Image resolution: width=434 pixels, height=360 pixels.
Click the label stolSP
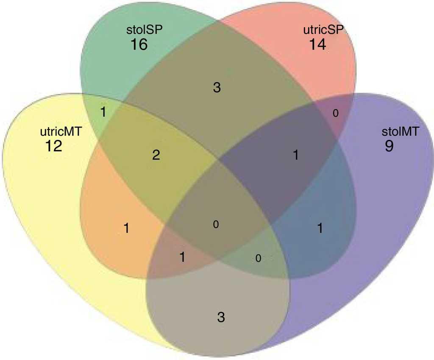144,30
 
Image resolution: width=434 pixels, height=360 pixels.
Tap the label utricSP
323,30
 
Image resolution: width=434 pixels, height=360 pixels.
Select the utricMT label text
61,131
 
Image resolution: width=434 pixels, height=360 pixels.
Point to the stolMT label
401,131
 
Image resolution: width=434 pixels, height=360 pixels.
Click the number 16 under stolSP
139,44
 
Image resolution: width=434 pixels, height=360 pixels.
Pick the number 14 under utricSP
317,44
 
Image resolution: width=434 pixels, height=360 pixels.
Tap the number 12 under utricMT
53,146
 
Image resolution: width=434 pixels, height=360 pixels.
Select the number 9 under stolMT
389,146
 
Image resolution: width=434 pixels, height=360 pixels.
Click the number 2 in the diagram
156,155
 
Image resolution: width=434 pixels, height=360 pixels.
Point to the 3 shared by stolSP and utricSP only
217,87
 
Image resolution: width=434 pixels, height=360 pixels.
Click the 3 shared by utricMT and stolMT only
221,317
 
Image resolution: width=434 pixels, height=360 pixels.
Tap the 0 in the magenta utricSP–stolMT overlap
336,113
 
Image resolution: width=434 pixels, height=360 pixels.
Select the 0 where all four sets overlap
216,224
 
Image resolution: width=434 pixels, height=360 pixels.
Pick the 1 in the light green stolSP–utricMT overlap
103,112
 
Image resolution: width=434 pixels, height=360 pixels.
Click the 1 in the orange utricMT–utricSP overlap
126,229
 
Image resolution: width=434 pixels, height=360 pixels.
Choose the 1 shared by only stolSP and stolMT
320,229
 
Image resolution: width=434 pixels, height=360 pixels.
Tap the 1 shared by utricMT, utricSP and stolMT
182,257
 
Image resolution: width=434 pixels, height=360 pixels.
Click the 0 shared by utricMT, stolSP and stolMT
258,258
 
